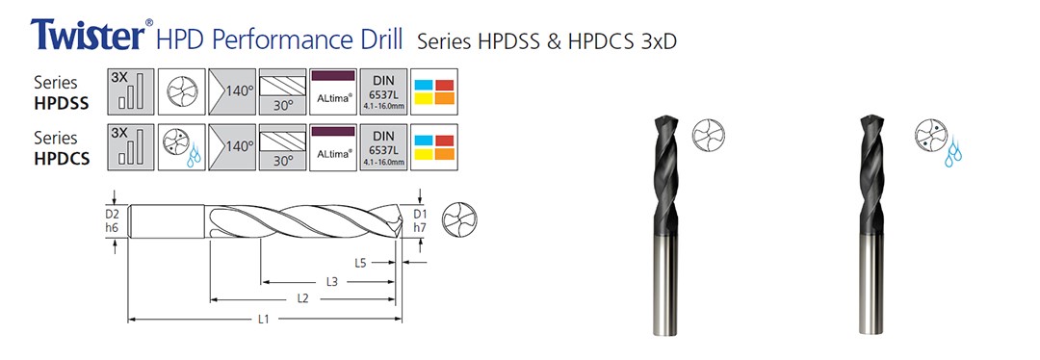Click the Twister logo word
pyautogui.click(x=88, y=35)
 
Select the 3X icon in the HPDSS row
pyautogui.click(x=130, y=88)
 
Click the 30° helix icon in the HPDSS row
pyautogui.click(x=283, y=88)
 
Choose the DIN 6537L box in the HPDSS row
pyautogui.click(x=383, y=88)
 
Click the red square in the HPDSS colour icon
pyautogui.click(x=444, y=84)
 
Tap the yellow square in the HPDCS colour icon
pyautogui.click(x=424, y=154)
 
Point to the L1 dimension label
pyautogui.click(x=263, y=320)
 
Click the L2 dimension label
pyautogui.click(x=302, y=299)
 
